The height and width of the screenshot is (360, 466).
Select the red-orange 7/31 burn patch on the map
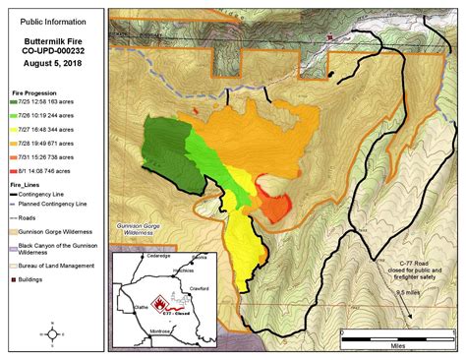(276, 208)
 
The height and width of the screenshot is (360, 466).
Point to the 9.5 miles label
(409, 293)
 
